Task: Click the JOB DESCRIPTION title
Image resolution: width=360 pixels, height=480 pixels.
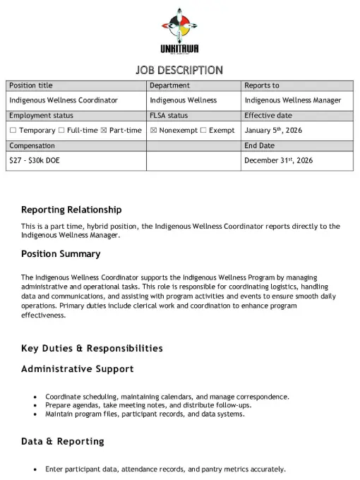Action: tap(179, 70)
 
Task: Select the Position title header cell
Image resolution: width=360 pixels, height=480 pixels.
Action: tap(30, 85)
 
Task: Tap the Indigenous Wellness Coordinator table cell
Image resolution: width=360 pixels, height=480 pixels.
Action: tap(63, 100)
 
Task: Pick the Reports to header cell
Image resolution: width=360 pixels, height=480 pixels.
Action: tap(261, 85)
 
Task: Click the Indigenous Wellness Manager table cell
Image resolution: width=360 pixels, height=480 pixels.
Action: tap(292, 100)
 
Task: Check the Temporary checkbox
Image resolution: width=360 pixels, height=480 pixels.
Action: tap(13, 131)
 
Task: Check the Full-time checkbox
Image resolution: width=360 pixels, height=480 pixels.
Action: tap(61, 131)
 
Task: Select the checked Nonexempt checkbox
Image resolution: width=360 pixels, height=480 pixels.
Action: tap(153, 131)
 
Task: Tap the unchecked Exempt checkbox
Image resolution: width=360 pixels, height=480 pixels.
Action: tap(203, 131)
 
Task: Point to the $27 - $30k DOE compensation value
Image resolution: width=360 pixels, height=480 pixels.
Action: tap(34, 160)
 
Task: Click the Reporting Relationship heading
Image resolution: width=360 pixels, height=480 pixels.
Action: tap(71, 210)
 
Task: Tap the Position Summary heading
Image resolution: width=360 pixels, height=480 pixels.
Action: tap(61, 253)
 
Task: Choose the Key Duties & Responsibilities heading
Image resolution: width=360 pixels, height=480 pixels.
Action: tap(92, 348)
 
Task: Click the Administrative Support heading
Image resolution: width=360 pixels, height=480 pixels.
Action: tap(77, 368)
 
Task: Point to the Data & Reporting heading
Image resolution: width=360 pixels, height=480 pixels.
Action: tap(62, 441)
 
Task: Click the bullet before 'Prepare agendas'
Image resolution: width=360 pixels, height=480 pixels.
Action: tap(35, 406)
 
